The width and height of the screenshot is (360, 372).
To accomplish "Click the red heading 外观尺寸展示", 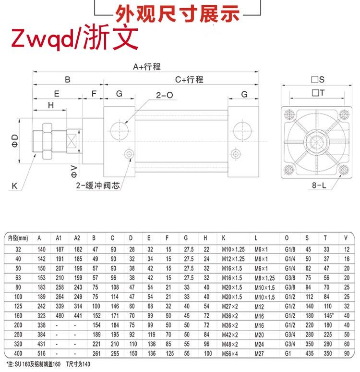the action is pyautogui.click(x=177, y=14).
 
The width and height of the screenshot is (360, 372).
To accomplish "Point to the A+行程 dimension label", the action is pyautogui.click(x=147, y=67).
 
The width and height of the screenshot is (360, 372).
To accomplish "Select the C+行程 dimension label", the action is pyautogui.click(x=189, y=79).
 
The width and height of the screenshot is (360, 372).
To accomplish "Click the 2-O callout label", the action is pyautogui.click(x=165, y=95).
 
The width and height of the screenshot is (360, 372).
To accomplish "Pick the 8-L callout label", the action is pyautogui.click(x=319, y=185).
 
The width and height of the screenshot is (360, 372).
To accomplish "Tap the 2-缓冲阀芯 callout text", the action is pyautogui.click(x=98, y=186).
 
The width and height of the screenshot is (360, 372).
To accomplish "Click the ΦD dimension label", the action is pyautogui.click(x=15, y=141).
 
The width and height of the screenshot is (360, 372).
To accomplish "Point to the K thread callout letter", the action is pyautogui.click(x=14, y=186).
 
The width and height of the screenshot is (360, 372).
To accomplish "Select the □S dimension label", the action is pyautogui.click(x=318, y=79).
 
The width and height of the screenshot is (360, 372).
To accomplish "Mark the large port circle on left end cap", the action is pyautogui.click(x=120, y=131).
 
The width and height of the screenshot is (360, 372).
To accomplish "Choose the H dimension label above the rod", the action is pyautogui.click(x=51, y=105).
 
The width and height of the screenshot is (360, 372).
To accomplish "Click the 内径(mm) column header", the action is pyautogui.click(x=18, y=238).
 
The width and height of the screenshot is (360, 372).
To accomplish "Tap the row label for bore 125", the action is pyautogui.click(x=18, y=306).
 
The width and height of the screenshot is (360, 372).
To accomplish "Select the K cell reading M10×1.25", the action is pyautogui.click(x=233, y=249).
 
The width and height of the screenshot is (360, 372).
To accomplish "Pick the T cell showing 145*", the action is pyautogui.click(x=329, y=316).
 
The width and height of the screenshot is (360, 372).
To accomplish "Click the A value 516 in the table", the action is pyautogui.click(x=41, y=353).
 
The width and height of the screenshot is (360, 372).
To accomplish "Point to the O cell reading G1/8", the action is pyautogui.click(x=290, y=249).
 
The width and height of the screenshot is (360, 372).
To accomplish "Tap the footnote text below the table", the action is pyautogui.click(x=48, y=364).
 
